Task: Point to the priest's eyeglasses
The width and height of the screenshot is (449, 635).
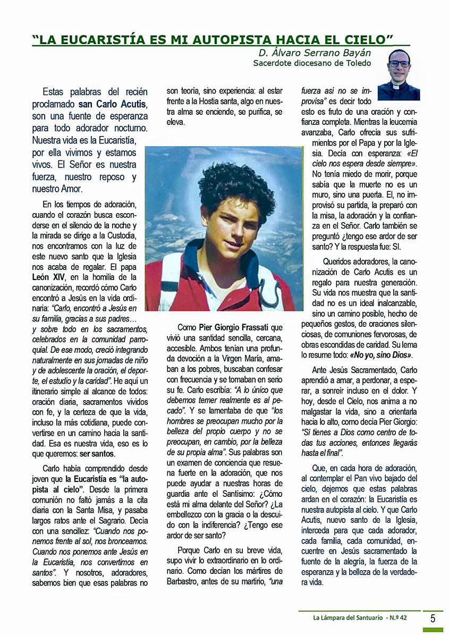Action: point(399,64)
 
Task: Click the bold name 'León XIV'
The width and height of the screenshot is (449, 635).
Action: point(48,277)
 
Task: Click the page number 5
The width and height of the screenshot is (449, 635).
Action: point(433,618)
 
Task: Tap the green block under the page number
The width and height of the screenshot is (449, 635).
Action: point(433,630)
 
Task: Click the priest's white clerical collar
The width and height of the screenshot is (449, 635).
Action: point(399,84)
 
